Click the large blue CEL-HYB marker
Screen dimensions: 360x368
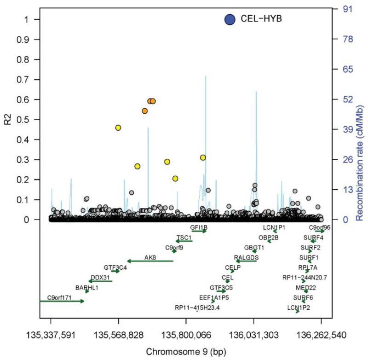click(x=230, y=19)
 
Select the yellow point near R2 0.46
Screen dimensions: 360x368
click(x=118, y=128)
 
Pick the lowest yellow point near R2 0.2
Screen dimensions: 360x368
click(x=175, y=179)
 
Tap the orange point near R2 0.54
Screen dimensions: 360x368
click(x=145, y=111)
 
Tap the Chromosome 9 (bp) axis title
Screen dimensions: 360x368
click(x=186, y=352)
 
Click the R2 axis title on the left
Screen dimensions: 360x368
click(x=7, y=119)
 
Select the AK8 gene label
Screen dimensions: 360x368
click(x=150, y=257)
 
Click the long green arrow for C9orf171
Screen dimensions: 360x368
click(x=62, y=301)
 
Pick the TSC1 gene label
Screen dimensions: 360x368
click(x=184, y=237)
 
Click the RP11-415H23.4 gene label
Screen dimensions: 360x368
click(x=197, y=308)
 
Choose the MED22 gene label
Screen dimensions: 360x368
click(x=305, y=287)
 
